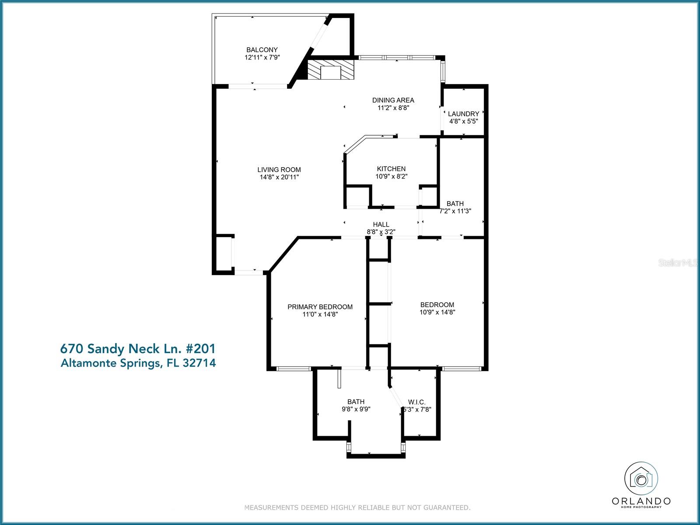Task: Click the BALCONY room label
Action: [262, 50]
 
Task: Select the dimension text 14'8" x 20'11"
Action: [279, 177]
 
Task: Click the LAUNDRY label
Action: [463, 114]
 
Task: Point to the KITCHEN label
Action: [391, 169]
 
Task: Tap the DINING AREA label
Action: [393, 100]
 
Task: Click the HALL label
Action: [381, 224]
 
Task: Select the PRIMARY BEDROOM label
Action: [320, 307]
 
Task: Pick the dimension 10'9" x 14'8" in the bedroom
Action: [437, 312]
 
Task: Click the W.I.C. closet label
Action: [416, 402]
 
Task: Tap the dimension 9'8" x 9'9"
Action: [356, 409]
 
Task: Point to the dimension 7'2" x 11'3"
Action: [455, 211]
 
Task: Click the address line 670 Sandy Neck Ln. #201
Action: [138, 349]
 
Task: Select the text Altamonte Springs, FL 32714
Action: [138, 363]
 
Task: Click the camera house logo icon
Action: [641, 479]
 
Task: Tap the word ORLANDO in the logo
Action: [641, 501]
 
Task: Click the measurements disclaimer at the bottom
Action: [357, 508]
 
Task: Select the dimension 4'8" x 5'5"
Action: [463, 121]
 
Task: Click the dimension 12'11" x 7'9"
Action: [262, 57]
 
